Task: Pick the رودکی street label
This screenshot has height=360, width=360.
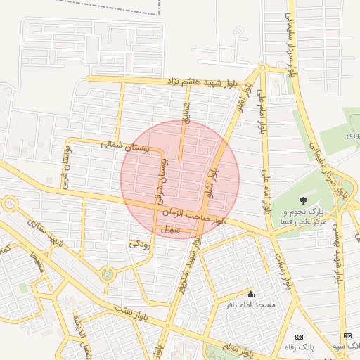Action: pos(139,243)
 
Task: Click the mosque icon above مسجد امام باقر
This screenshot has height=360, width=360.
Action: pos(251,294)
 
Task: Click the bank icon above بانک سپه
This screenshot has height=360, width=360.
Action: pos(346,337)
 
